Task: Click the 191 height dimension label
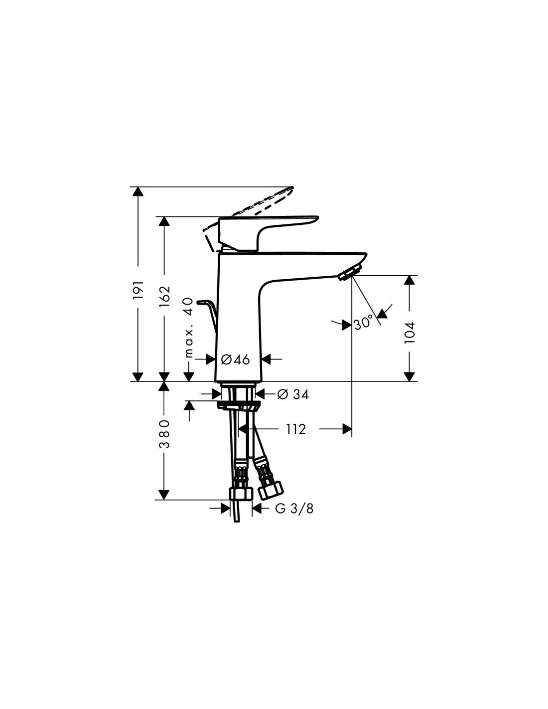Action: (139, 289)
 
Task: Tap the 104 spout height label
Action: (410, 332)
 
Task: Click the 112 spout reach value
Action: (296, 429)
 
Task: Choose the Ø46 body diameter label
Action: (235, 359)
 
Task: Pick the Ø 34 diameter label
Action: (293, 394)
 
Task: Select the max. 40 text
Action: (189, 327)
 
